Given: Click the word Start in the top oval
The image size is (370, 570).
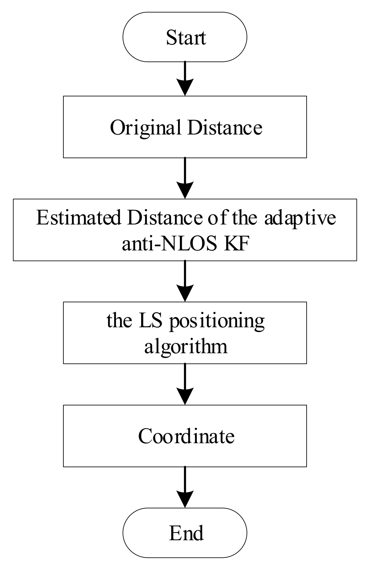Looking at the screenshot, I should click(x=186, y=37).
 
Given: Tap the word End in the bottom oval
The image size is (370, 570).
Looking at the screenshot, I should click(x=186, y=533).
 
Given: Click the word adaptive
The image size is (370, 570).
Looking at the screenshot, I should click(x=300, y=218).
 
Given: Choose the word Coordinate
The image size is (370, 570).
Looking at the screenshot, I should click(x=186, y=436).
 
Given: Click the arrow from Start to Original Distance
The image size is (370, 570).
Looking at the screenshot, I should click(x=185, y=79).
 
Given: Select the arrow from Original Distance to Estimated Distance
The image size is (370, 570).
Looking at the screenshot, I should click(x=185, y=178).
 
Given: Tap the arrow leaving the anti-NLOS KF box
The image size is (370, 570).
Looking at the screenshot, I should click(x=185, y=281).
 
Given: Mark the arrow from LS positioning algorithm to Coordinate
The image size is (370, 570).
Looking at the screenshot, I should click(x=185, y=384).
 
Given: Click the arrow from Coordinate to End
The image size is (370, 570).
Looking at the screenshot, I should click(x=185, y=487).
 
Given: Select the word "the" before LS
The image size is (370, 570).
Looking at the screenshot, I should click(x=119, y=321).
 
